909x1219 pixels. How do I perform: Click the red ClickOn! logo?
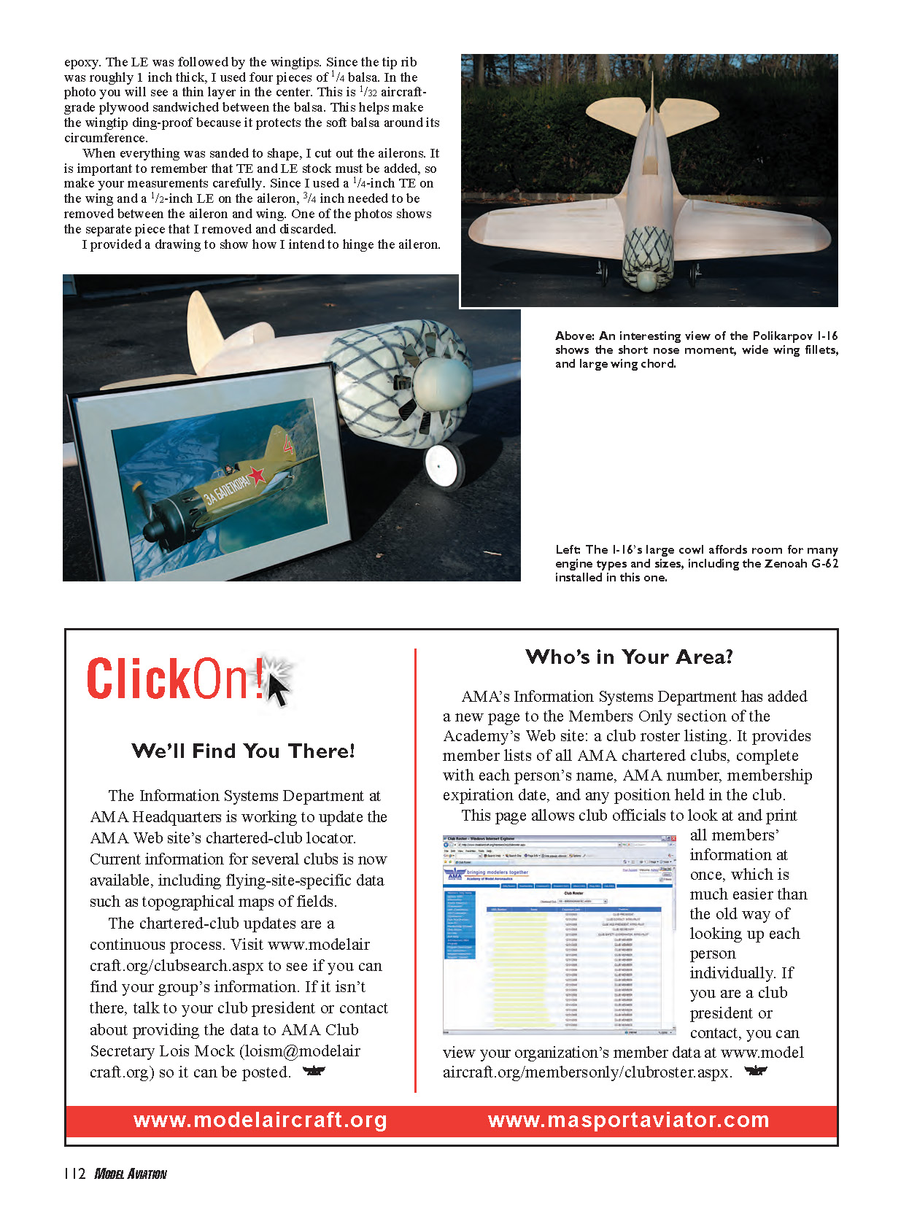pyautogui.click(x=175, y=679)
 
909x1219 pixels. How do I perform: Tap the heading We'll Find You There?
pyautogui.click(x=243, y=751)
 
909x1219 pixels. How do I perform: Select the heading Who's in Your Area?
pyautogui.click(x=629, y=657)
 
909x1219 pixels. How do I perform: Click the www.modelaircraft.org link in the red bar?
pyautogui.click(x=260, y=1121)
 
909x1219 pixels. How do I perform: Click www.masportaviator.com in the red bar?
pyautogui.click(x=628, y=1121)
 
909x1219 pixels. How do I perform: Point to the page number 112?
pyautogui.click(x=74, y=1174)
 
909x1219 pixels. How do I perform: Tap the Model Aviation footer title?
pyautogui.click(x=131, y=1174)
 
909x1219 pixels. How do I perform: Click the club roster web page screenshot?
pyautogui.click(x=559, y=934)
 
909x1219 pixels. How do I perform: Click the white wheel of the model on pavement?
pyautogui.click(x=444, y=465)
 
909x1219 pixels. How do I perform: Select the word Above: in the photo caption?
pyautogui.click(x=575, y=336)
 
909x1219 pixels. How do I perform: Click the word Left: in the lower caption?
pyautogui.click(x=568, y=550)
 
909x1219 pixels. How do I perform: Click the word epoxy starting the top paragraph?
pyautogui.click(x=81, y=63)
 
